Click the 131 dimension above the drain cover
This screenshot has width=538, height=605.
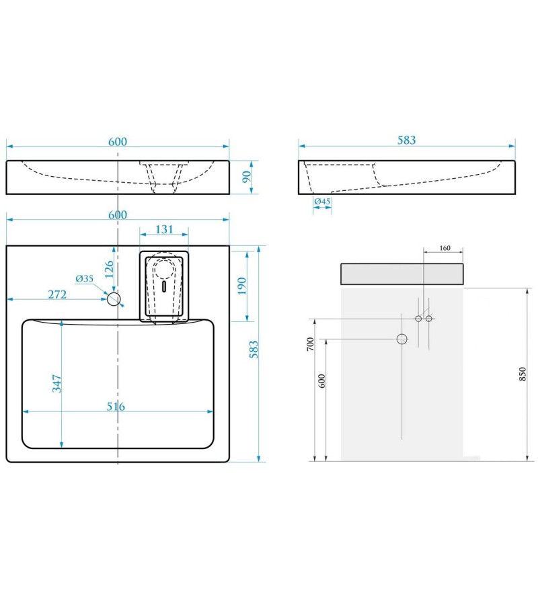pos(164,229)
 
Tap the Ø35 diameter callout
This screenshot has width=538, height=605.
pos(84,278)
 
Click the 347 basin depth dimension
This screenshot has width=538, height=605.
pos(57,384)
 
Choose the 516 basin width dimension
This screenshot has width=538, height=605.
pos(115,407)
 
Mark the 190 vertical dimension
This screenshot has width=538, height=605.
pos(242,285)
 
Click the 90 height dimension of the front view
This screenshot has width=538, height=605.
pos(246,177)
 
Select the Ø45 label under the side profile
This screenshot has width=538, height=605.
pos(321,202)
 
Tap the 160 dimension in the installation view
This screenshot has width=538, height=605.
pos(445,248)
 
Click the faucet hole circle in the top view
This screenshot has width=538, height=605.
pos(115,298)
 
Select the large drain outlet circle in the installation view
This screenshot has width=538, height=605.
pos(402,339)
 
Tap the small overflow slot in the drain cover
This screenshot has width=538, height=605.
pos(163,285)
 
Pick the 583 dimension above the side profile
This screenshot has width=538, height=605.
pos(406,140)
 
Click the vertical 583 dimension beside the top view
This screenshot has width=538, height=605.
pos(254,350)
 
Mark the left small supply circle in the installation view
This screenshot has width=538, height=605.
pos(418,318)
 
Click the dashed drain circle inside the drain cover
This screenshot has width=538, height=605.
pos(163,268)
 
